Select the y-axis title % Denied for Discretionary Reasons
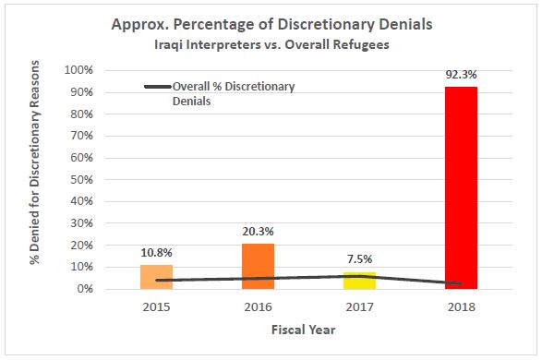[35, 178]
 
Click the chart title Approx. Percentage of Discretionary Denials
[271, 25]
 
